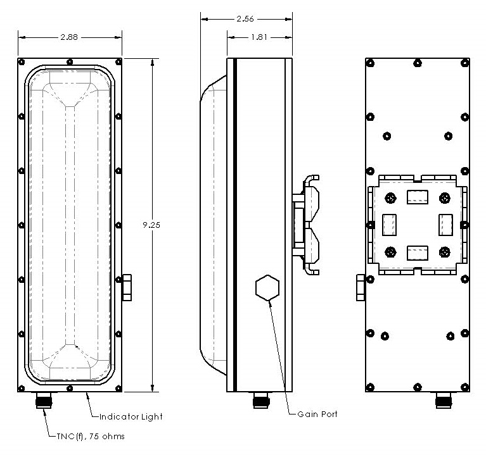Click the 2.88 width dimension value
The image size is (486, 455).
(70, 37)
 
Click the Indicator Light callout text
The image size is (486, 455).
(132, 416)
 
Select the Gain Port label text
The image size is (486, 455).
(317, 414)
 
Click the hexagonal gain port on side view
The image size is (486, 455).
(267, 289)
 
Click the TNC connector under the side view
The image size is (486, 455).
(260, 401)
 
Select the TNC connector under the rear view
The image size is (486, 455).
(442, 401)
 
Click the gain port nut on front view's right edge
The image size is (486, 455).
(127, 288)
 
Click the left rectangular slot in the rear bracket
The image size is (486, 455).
(390, 225)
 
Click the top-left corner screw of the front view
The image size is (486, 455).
(22, 62)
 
